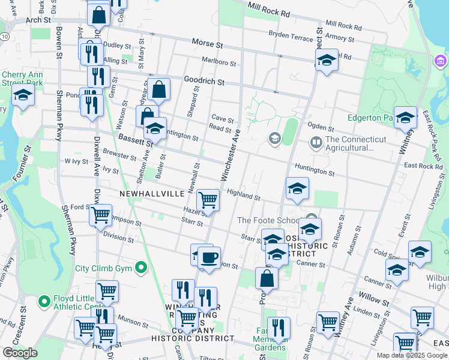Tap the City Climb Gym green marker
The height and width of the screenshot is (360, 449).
click(141, 268)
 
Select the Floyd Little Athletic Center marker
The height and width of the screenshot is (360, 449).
click(44, 301)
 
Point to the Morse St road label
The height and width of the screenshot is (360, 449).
click(207, 44)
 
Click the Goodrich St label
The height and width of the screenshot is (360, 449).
click(204, 81)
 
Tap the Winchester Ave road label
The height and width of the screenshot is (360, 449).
click(231, 154)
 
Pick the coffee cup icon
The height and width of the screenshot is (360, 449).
click(209, 258)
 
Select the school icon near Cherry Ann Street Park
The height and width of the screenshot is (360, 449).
click(23, 95)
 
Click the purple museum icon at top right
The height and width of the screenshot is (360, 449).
click(441, 61)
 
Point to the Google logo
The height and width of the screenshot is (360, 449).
click(20, 353)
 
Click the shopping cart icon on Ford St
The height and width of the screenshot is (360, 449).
click(101, 214)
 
